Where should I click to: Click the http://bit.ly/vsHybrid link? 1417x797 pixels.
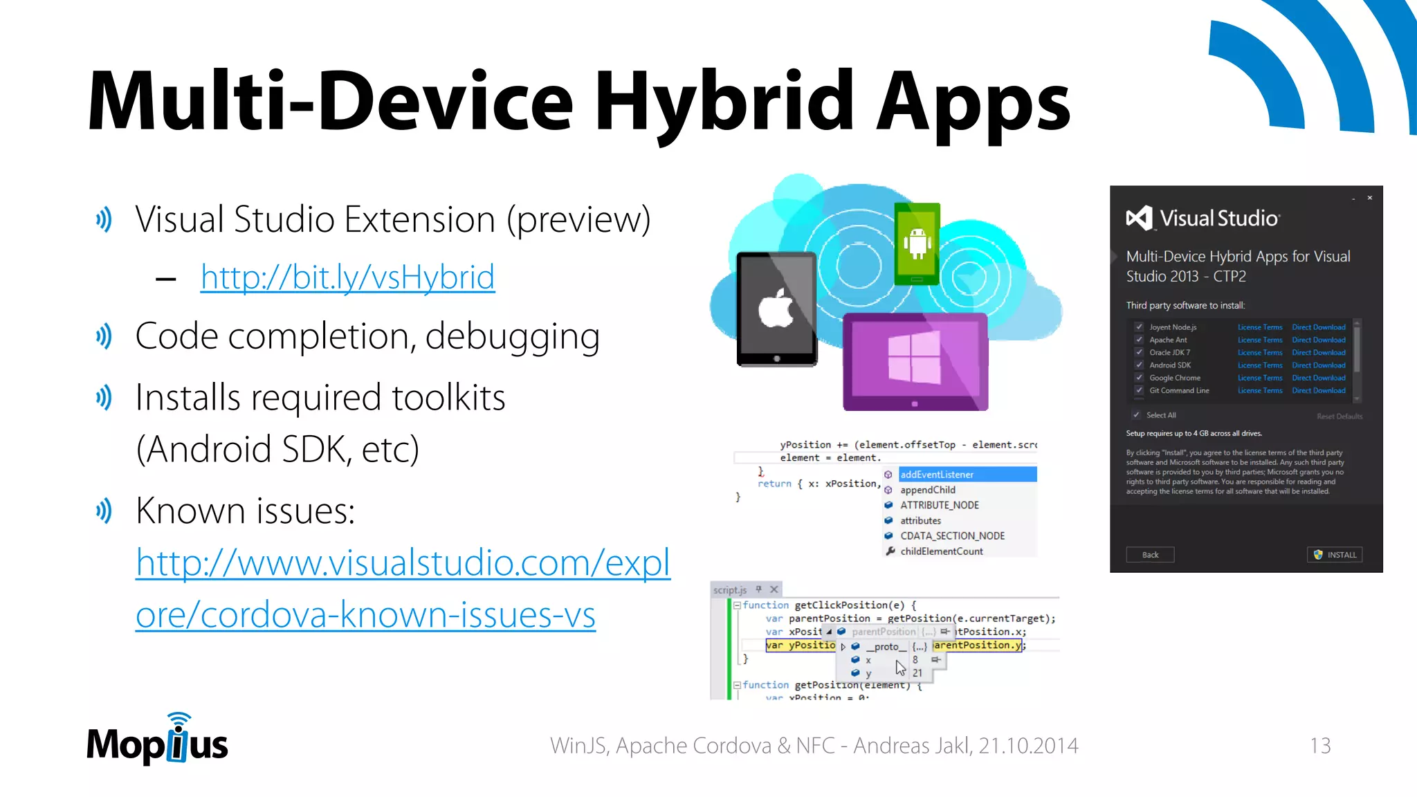(x=347, y=277)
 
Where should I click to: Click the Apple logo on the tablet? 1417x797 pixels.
(x=776, y=307)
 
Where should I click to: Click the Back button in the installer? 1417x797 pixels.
(x=1150, y=555)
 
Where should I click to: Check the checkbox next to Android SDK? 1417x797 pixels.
(x=1139, y=365)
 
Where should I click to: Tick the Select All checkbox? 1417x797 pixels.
(x=1136, y=415)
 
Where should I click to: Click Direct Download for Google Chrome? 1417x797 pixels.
(x=1318, y=378)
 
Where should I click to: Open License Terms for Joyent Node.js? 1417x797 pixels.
(x=1259, y=327)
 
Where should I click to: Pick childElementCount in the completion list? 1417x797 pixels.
(x=941, y=551)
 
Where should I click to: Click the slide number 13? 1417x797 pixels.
(x=1320, y=746)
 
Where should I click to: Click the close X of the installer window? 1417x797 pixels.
(x=1369, y=198)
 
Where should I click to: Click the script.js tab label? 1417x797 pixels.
(x=730, y=590)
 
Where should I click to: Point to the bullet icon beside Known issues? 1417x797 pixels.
(x=104, y=511)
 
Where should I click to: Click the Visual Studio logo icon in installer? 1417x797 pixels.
(x=1139, y=219)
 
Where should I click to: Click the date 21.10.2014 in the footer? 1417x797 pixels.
(x=1028, y=746)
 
